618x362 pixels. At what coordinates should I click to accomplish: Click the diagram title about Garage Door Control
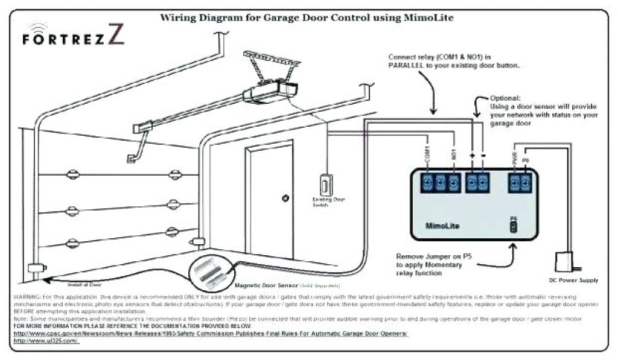click(x=306, y=18)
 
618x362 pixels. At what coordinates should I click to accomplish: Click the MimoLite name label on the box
click(x=442, y=224)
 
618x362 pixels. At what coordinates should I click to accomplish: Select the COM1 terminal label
click(x=427, y=155)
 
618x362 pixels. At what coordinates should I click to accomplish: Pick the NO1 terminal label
click(x=453, y=156)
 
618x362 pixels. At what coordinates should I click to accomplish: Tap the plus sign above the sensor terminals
click(x=472, y=156)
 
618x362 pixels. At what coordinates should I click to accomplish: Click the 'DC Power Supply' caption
click(x=574, y=281)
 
